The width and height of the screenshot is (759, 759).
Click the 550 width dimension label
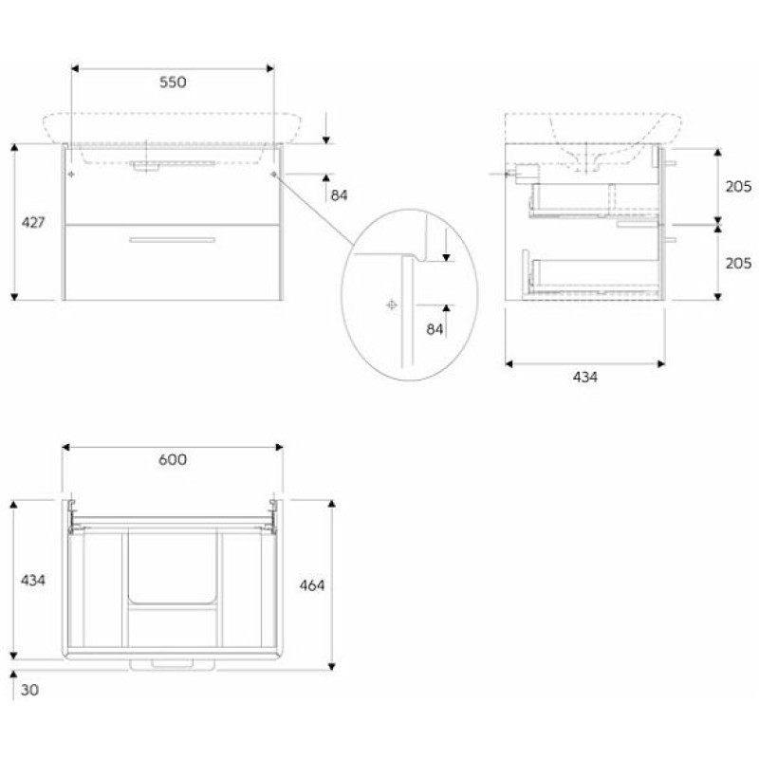point(172,83)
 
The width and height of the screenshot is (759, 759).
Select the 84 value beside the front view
point(340,195)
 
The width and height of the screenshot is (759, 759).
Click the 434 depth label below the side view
point(585,377)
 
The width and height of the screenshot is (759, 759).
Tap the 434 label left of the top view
point(33,579)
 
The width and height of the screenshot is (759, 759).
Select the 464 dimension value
point(312,585)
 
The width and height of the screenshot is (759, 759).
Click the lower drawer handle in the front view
point(172,240)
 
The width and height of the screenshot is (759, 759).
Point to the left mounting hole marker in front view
point(72,176)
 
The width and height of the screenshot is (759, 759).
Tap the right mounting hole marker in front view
point(273,176)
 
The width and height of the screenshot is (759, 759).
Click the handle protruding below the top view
point(172,664)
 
